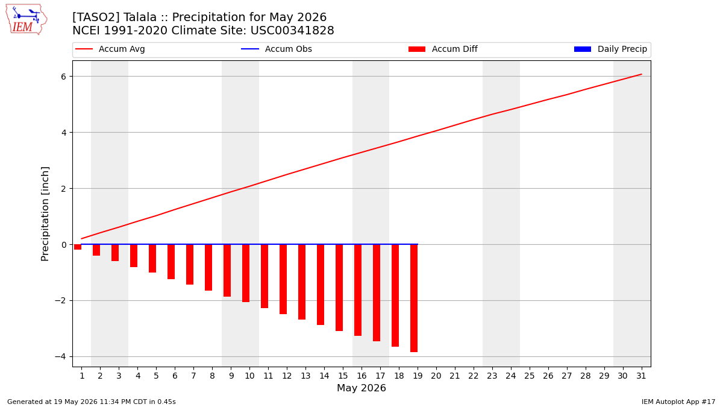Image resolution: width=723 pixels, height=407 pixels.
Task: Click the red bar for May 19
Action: pyautogui.click(x=414, y=298)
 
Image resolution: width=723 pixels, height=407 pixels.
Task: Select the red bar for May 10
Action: pyautogui.click(x=246, y=273)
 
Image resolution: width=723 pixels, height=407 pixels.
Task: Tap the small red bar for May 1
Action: pyautogui.click(x=78, y=247)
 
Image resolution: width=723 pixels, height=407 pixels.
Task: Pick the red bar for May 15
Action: pyautogui.click(x=339, y=288)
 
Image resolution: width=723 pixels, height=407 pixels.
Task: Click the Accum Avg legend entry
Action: pyautogui.click(x=110, y=49)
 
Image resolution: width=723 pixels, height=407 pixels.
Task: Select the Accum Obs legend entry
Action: pyautogui.click(x=277, y=49)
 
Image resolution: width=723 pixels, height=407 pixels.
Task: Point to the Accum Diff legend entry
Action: pyautogui.click(x=443, y=49)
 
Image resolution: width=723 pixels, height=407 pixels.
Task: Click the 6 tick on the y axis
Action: pyautogui.click(x=63, y=77)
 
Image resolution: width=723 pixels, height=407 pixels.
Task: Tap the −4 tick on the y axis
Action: pyautogui.click(x=60, y=356)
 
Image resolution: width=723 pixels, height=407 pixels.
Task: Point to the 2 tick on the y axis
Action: pyautogui.click(x=63, y=189)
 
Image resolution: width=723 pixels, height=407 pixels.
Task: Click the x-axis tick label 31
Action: pyautogui.click(x=641, y=376)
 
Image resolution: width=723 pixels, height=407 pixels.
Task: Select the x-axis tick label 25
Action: pyautogui.click(x=530, y=376)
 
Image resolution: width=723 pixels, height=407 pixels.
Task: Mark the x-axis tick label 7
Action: pyautogui.click(x=193, y=376)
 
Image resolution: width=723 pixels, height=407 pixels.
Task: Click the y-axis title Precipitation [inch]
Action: pyautogui.click(x=45, y=214)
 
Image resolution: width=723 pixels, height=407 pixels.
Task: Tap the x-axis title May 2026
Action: pyautogui.click(x=361, y=388)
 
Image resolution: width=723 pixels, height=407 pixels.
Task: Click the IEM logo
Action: pyautogui.click(x=27, y=20)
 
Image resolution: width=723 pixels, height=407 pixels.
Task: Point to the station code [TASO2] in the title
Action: pyautogui.click(x=96, y=17)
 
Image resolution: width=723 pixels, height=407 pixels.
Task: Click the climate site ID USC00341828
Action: pyautogui.click(x=292, y=31)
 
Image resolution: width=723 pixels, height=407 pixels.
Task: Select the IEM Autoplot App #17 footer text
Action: pyautogui.click(x=678, y=402)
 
